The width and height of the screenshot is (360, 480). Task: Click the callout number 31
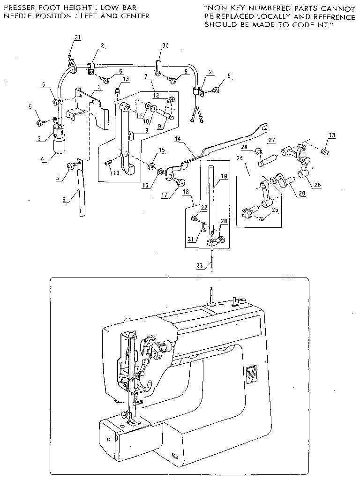(x=78, y=38)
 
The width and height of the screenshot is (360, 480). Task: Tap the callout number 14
(x=178, y=139)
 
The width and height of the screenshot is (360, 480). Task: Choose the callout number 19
(x=224, y=176)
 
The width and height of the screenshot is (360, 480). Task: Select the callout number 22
(x=203, y=208)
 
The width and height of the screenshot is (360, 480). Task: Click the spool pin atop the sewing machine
(x=211, y=295)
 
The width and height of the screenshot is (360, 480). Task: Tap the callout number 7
(x=146, y=75)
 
